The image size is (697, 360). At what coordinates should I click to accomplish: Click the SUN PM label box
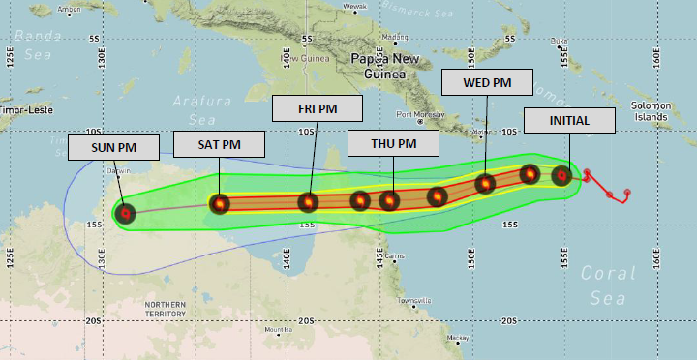point(113,147)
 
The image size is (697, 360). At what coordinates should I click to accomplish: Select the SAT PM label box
point(220,145)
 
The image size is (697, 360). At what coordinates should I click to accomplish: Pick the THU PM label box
point(394,144)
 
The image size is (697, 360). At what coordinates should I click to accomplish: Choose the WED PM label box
point(488,83)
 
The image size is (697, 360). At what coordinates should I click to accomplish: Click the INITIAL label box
point(569,120)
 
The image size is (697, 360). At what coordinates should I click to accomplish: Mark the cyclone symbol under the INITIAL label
point(561,176)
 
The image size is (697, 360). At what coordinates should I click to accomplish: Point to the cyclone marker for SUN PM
point(124,213)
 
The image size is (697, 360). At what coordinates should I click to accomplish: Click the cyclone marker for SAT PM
point(220,203)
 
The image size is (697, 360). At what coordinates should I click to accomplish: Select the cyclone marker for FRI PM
point(308,202)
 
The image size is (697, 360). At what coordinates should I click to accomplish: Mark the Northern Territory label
point(166,309)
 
